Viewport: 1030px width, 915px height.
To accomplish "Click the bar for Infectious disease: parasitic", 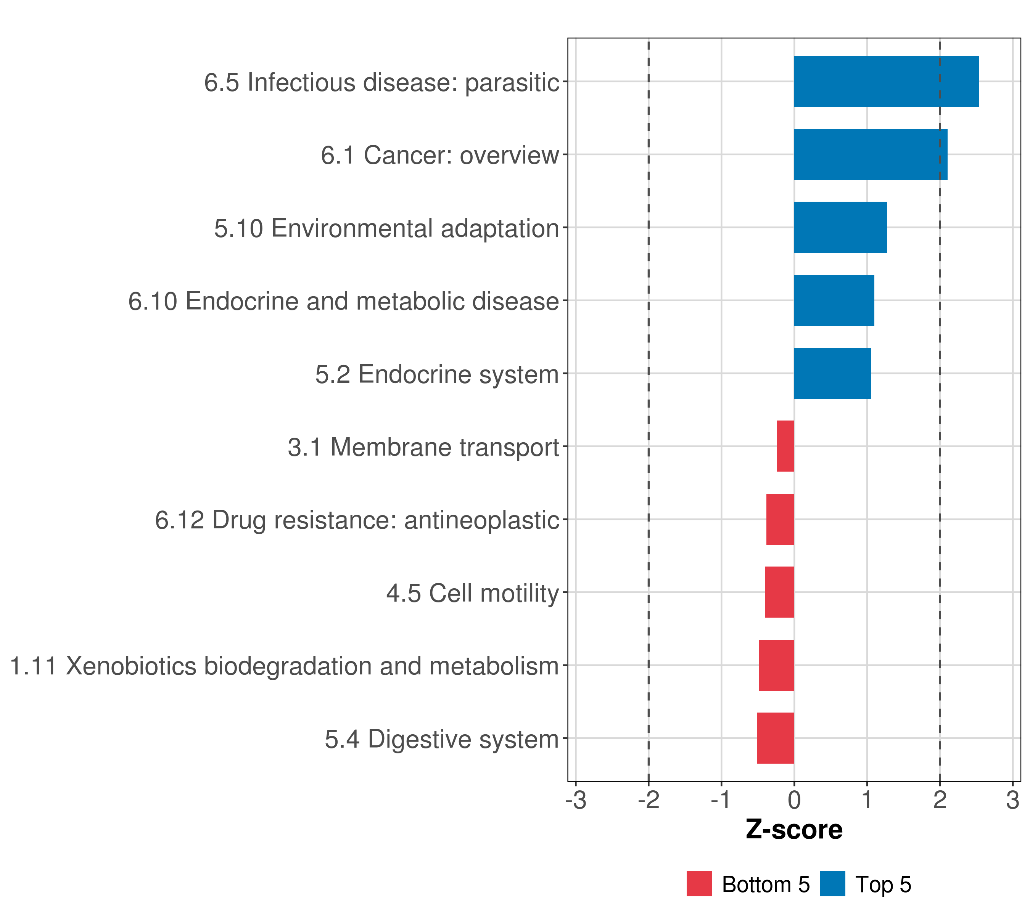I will click(x=886, y=82).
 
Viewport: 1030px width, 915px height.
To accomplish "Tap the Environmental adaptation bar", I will click(x=840, y=227).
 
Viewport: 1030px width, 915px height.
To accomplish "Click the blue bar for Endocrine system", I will click(x=832, y=373).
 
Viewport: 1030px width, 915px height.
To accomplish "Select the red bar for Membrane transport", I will click(x=785, y=446).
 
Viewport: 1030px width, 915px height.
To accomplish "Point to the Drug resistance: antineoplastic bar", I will click(x=780, y=519).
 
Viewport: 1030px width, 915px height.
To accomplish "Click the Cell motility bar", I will click(x=779, y=592).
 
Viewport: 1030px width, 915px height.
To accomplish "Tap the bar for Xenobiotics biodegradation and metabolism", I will click(x=777, y=665).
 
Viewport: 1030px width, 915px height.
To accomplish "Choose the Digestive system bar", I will click(x=776, y=738).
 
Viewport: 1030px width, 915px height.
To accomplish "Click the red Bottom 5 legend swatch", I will click(x=699, y=884).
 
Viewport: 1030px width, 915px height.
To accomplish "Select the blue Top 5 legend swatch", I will click(x=832, y=884).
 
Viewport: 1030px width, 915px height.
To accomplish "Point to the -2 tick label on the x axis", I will click(x=649, y=800).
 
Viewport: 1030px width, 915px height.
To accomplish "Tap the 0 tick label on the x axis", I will click(x=794, y=800).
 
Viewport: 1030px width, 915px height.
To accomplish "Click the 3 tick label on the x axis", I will click(x=1012, y=800).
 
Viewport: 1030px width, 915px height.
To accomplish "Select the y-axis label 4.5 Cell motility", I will click(x=473, y=593).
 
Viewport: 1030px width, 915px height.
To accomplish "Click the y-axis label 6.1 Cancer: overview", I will click(x=440, y=155).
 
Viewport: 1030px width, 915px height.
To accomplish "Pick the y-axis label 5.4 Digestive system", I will click(x=442, y=739).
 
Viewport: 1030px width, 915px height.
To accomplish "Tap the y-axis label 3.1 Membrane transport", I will click(x=423, y=447).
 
